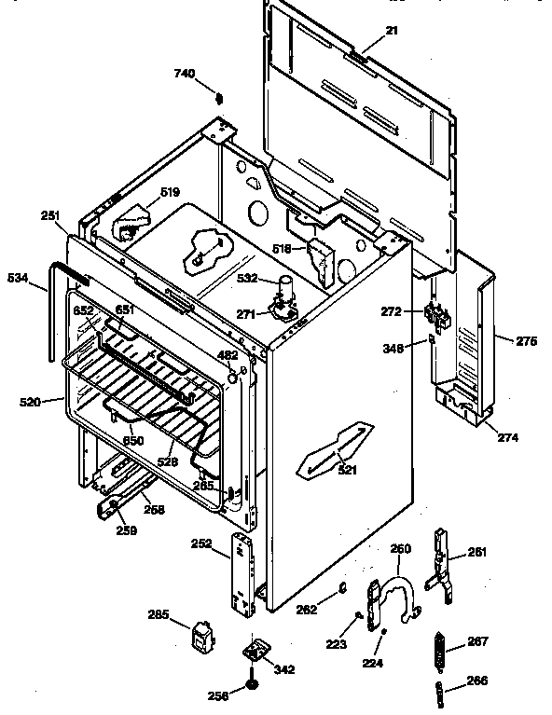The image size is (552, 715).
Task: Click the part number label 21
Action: [391, 32]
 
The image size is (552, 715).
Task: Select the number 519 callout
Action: [169, 193]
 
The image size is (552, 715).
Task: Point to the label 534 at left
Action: [17, 277]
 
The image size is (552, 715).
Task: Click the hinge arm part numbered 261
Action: [441, 564]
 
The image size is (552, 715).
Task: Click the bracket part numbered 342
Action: [253, 649]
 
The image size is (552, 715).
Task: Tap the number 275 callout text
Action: [527, 341]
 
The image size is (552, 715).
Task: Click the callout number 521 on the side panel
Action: [347, 470]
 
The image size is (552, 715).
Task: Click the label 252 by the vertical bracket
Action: [227, 545]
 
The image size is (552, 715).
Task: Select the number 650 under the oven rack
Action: [134, 441]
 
